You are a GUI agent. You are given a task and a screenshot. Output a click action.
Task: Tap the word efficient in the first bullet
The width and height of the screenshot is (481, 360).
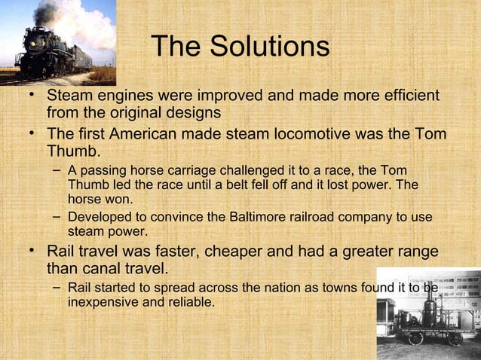click(399, 96)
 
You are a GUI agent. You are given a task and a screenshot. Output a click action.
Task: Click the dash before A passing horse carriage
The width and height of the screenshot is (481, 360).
click(57, 171)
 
